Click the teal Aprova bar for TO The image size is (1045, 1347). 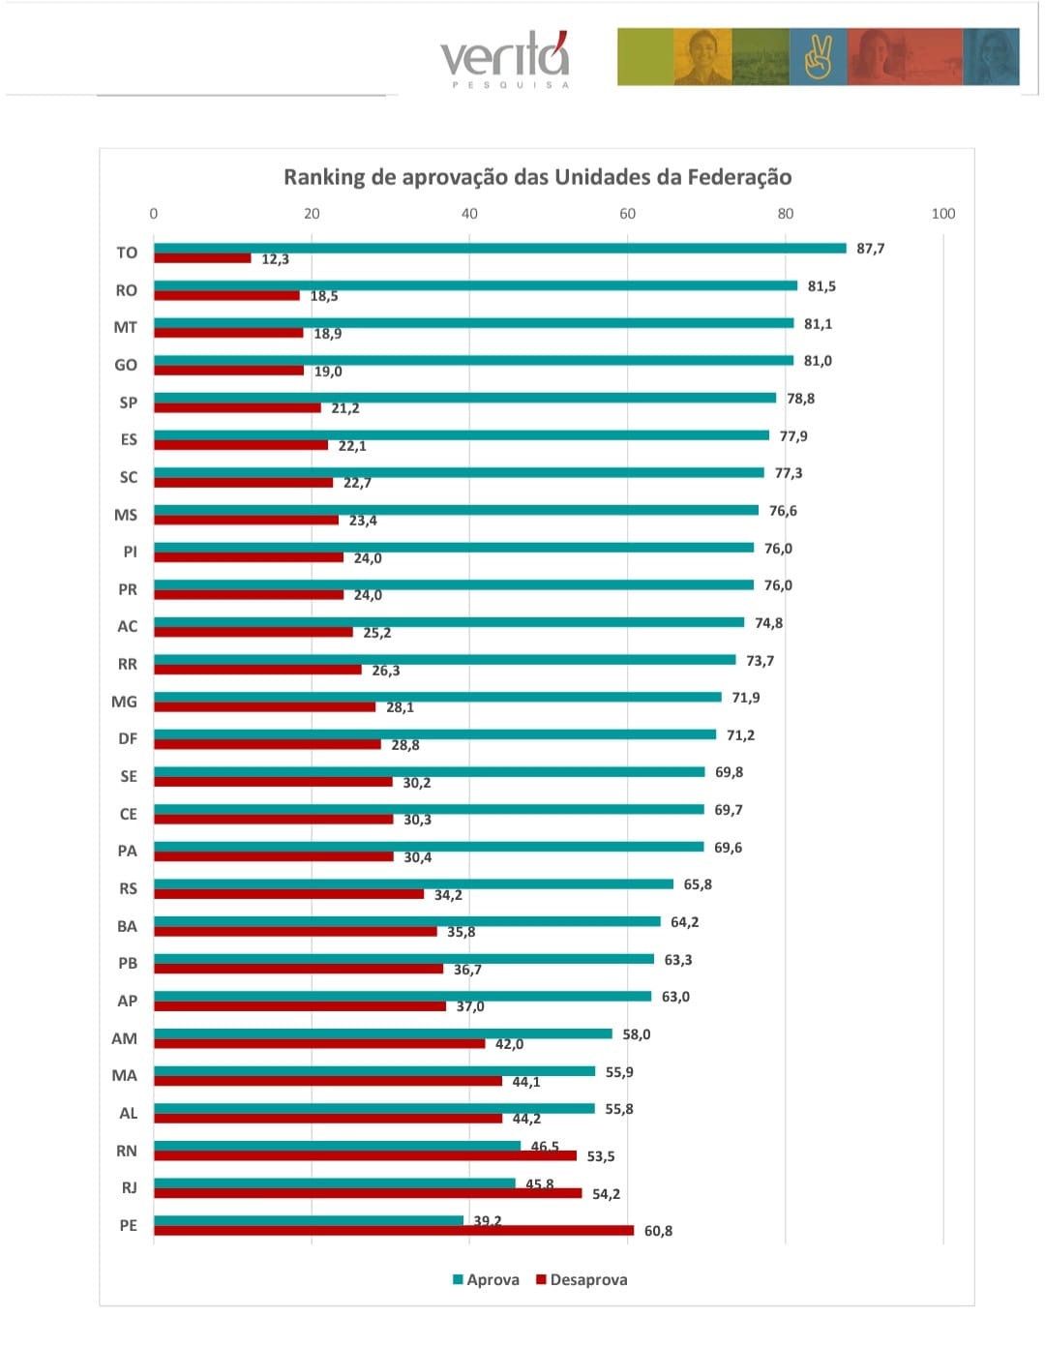pyautogui.click(x=499, y=249)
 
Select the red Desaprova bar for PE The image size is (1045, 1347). pyautogui.click(x=394, y=1231)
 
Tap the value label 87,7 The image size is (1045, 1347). pyautogui.click(x=870, y=249)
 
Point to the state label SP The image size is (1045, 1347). pyautogui.click(x=128, y=403)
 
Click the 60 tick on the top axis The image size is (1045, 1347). pyautogui.click(x=627, y=214)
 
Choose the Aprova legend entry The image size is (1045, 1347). pyautogui.click(x=486, y=1279)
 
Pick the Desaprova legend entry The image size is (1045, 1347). pyautogui.click(x=582, y=1279)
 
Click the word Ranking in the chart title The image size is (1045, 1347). pyautogui.click(x=324, y=177)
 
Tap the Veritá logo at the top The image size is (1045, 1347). pyautogui.click(x=505, y=60)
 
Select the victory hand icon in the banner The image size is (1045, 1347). pyautogui.click(x=818, y=57)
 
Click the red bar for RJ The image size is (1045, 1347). pyautogui.click(x=368, y=1193)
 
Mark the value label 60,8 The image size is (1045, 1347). pyautogui.click(x=658, y=1231)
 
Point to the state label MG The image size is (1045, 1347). pyautogui.click(x=125, y=702)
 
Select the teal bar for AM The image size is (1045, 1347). pyautogui.click(x=382, y=1033)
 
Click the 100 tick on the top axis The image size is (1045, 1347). pyautogui.click(x=942, y=214)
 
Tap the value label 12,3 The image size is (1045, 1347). pyautogui.click(x=275, y=259)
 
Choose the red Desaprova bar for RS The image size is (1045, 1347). pyautogui.click(x=288, y=894)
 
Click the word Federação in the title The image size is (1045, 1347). pyautogui.click(x=739, y=177)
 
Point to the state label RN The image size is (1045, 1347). pyautogui.click(x=127, y=1151)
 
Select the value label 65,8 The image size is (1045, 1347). pyautogui.click(x=698, y=884)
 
